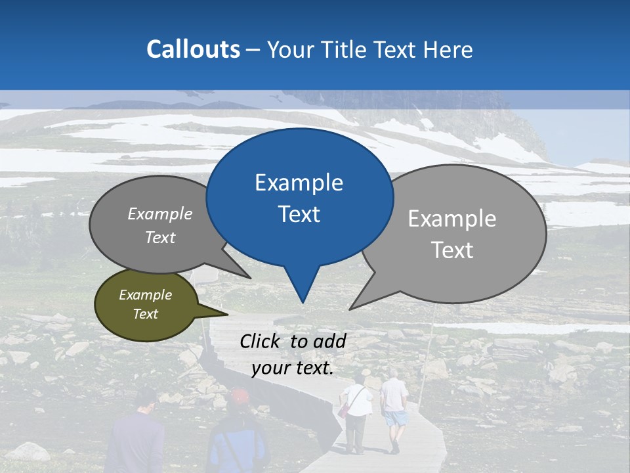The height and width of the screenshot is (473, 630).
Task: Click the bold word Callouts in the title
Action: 193,49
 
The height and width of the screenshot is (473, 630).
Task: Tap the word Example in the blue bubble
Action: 299,183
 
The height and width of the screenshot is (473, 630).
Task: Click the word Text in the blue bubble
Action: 299,214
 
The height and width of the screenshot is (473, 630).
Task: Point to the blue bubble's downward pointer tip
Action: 303,302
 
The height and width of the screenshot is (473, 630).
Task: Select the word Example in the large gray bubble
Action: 452,219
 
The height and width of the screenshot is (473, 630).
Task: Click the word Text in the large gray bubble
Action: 452,250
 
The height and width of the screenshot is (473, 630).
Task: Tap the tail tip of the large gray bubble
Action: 350,309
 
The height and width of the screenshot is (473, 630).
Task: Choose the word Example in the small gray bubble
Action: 160,214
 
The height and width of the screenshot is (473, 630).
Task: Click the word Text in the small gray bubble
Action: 160,237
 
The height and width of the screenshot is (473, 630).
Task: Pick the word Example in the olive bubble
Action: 146,295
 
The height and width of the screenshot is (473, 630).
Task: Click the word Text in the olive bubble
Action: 146,314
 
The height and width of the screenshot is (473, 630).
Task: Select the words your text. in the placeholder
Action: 293,368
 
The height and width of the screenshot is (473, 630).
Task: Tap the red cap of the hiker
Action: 240,395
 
